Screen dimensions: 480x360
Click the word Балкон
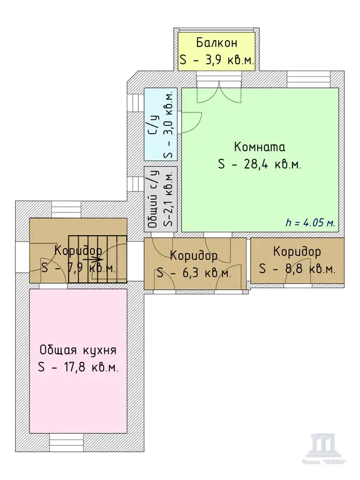click(216, 43)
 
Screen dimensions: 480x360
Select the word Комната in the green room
click(259, 147)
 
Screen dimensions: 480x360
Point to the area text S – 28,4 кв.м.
click(259, 164)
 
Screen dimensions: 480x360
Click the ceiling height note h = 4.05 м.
click(310, 222)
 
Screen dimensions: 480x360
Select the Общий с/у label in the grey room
click(152, 199)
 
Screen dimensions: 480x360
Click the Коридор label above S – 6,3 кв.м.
click(194, 256)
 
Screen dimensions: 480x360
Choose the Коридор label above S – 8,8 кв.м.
click(297, 252)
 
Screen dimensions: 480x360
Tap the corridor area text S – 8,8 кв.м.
click(297, 269)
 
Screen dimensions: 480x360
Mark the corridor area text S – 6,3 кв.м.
click(194, 273)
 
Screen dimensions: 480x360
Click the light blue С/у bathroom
click(161, 125)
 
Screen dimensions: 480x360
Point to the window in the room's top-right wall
click(304, 81)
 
